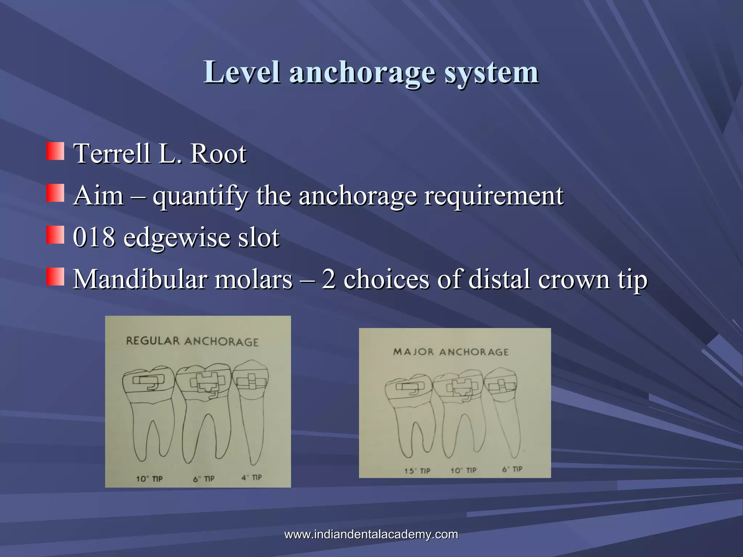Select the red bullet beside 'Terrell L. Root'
pos(55,151)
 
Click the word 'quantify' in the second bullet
pos(200,196)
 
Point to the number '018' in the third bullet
pos(94,238)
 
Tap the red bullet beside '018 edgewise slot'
pos(55,235)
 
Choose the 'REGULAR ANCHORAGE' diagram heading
pos(192,342)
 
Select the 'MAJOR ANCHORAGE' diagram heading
pos(451,352)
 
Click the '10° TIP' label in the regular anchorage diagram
pos(149,479)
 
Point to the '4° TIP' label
pos(252,478)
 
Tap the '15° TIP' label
pos(417,471)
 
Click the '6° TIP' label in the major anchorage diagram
pos(512,469)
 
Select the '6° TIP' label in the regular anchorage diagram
pos(204,479)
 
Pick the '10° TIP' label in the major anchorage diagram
pos(463,471)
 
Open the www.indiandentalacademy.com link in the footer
pos(371,534)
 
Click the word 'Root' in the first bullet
pos(218,154)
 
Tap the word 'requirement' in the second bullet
pos(494,196)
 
